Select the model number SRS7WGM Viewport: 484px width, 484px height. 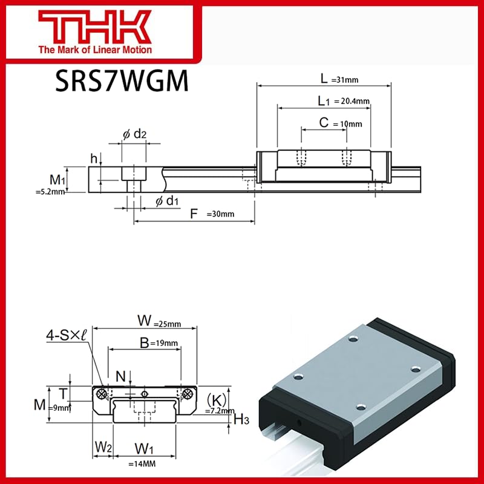coord(122,82)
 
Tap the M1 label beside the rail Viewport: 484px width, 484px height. coord(58,180)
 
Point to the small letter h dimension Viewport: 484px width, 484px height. coord(94,159)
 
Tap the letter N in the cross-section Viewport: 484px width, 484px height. coord(121,376)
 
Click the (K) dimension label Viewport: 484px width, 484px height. coord(216,399)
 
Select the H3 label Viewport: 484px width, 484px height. coord(241,419)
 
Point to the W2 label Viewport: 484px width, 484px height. coord(102,448)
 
